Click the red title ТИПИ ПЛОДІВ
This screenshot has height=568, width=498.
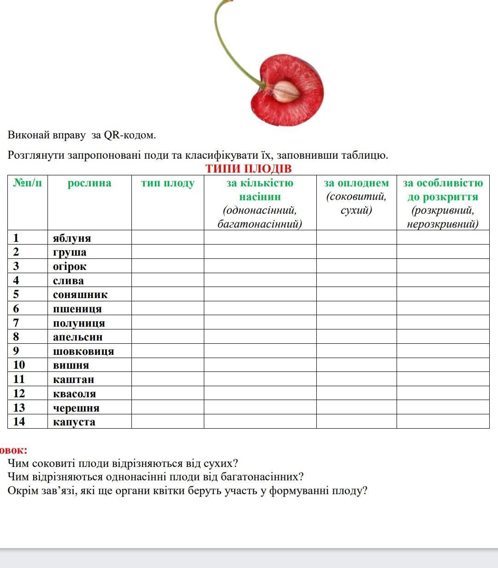click(x=249, y=168)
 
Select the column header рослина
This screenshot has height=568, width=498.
click(x=89, y=183)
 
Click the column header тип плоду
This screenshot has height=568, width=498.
click(x=168, y=183)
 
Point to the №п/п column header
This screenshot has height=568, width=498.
click(x=28, y=183)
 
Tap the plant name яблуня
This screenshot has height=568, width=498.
click(x=72, y=238)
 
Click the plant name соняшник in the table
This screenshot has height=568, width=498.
click(x=80, y=294)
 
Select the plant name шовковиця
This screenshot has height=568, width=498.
click(x=83, y=351)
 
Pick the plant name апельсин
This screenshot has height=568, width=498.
click(x=78, y=337)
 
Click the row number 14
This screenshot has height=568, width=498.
click(x=19, y=422)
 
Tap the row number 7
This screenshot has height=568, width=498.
click(x=16, y=323)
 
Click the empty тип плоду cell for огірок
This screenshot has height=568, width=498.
click(x=168, y=266)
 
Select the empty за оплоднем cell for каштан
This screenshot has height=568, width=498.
click(x=356, y=379)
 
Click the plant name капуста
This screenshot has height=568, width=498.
click(x=74, y=422)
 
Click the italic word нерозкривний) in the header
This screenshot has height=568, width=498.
click(x=443, y=224)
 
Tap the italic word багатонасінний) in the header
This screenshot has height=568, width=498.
click(x=260, y=224)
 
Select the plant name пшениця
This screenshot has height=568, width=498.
click(x=77, y=309)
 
